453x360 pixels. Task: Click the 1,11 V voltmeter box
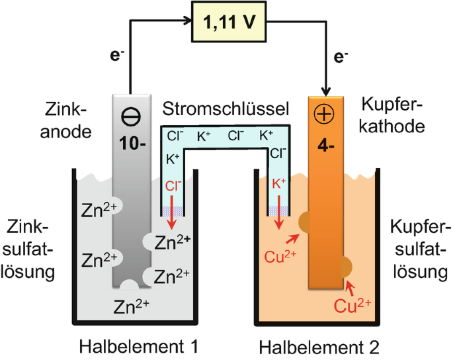(x=229, y=22)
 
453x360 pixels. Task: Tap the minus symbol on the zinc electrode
(x=131, y=117)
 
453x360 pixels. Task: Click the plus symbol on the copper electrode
(x=324, y=114)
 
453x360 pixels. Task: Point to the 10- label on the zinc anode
(x=132, y=143)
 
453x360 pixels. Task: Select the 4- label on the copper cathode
(x=326, y=146)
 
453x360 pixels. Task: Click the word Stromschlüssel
(x=226, y=109)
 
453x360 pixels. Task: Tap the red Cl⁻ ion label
(x=173, y=185)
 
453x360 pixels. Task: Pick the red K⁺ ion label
(x=279, y=183)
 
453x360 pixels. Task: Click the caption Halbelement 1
(x=139, y=346)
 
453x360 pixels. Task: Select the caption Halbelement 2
(x=319, y=347)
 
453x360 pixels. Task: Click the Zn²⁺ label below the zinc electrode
(x=131, y=306)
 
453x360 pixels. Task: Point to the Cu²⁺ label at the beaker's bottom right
(x=352, y=305)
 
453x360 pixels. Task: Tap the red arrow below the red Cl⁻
(x=172, y=212)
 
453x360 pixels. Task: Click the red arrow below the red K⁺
(x=279, y=212)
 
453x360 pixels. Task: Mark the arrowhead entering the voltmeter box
(x=188, y=21)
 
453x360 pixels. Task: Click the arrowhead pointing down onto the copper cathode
(x=326, y=92)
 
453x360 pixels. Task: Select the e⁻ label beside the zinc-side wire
(x=117, y=55)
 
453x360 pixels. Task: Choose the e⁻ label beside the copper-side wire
(x=341, y=57)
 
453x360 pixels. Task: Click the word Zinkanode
(x=66, y=121)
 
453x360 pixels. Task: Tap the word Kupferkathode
(x=392, y=115)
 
